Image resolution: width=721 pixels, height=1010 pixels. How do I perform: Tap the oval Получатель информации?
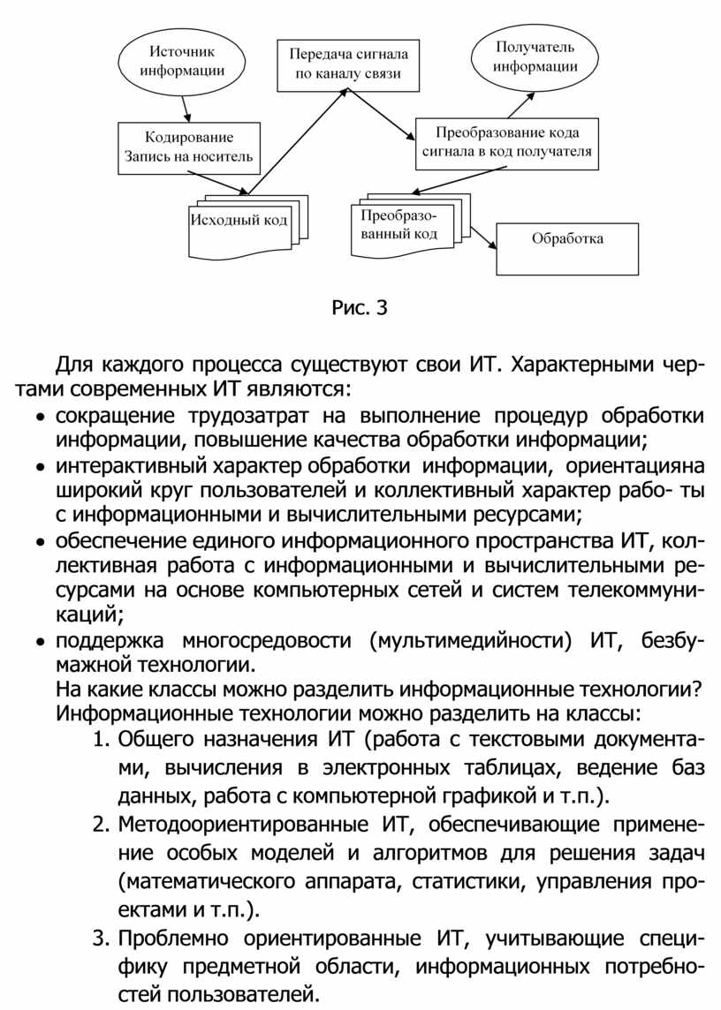(x=535, y=56)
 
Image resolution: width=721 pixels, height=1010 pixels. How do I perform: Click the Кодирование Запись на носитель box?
(x=189, y=147)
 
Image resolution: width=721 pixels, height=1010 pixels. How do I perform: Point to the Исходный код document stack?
(x=239, y=221)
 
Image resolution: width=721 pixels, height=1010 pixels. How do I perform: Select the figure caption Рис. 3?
(x=360, y=308)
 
